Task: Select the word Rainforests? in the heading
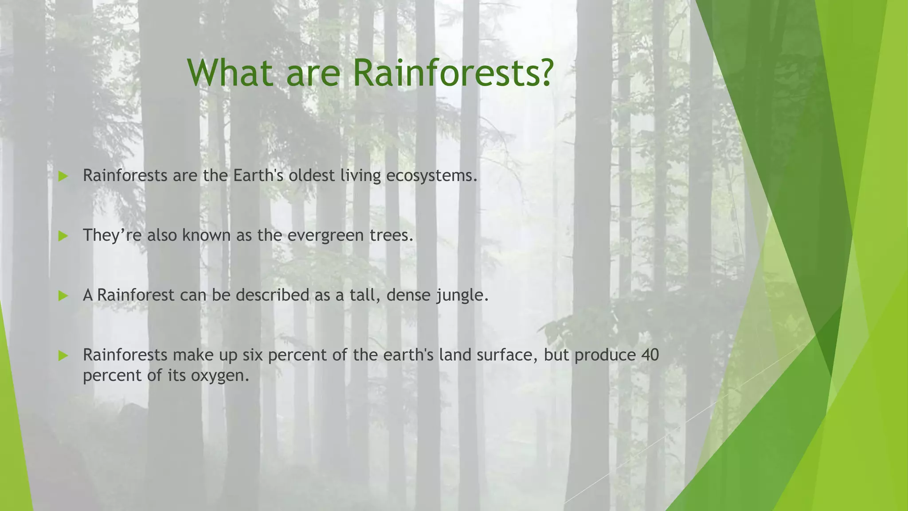tap(452, 73)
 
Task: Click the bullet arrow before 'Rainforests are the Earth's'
tap(63, 177)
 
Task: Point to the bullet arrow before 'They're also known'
tap(63, 236)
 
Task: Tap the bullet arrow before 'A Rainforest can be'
tap(63, 296)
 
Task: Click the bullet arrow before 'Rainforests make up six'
tap(63, 356)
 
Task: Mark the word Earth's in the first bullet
tap(258, 176)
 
